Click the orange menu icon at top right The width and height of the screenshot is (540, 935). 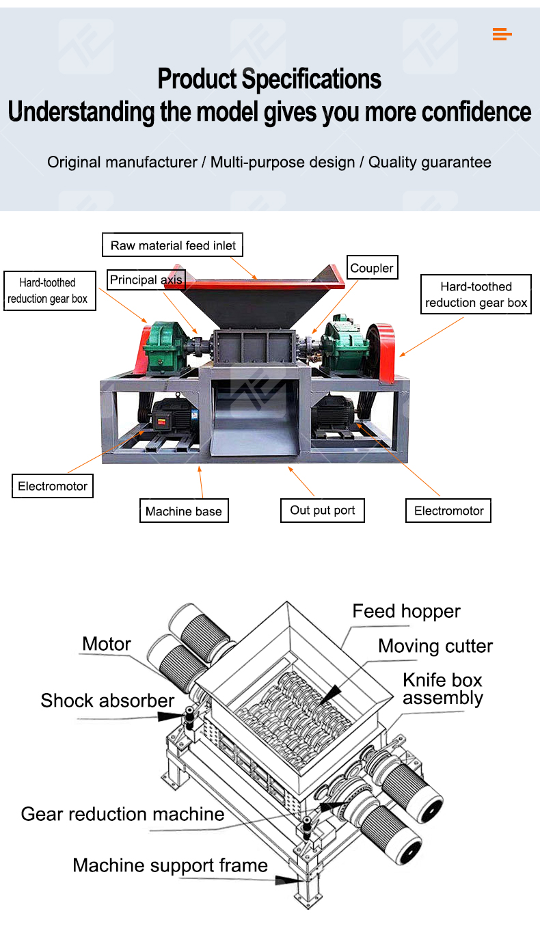click(x=502, y=34)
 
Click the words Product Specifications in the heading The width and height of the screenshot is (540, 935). click(x=269, y=79)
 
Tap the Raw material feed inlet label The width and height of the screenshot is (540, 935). click(x=173, y=245)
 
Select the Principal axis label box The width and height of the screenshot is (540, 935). click(x=146, y=280)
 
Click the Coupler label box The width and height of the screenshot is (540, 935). click(x=371, y=269)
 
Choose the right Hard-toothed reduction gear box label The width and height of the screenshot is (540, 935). click(x=476, y=295)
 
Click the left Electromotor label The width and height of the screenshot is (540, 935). click(x=53, y=487)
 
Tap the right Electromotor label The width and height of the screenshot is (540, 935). click(x=448, y=511)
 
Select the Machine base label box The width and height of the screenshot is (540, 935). click(x=183, y=511)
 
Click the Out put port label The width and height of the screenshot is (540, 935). click(x=322, y=511)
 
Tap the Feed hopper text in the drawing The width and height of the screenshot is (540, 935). click(x=406, y=611)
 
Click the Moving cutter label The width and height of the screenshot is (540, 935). click(x=435, y=646)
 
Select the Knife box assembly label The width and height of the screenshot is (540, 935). click(x=442, y=689)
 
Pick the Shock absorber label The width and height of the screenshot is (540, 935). click(x=107, y=701)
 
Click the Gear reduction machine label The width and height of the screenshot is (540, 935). click(x=122, y=814)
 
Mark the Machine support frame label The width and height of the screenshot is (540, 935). click(x=170, y=865)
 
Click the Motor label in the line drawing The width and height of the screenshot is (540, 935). click(x=106, y=644)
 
